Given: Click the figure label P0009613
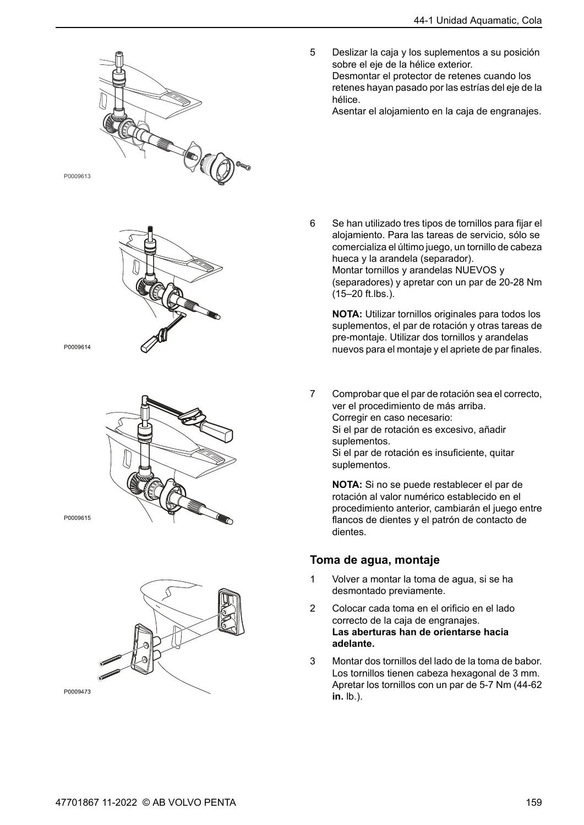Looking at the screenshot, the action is click(77, 177).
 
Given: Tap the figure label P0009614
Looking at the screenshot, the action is click(77, 347).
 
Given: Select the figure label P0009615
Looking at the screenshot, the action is click(77, 518).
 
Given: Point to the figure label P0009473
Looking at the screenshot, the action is click(77, 692).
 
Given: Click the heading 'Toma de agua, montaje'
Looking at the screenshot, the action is click(375, 560).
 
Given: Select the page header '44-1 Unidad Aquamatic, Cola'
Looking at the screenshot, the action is click(478, 21).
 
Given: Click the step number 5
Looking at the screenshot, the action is click(313, 52).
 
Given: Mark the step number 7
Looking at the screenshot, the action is click(313, 394).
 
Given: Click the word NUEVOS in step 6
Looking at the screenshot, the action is click(476, 270).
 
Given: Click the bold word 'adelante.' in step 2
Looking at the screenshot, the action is click(353, 644).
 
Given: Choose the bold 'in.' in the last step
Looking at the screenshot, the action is click(338, 697).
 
